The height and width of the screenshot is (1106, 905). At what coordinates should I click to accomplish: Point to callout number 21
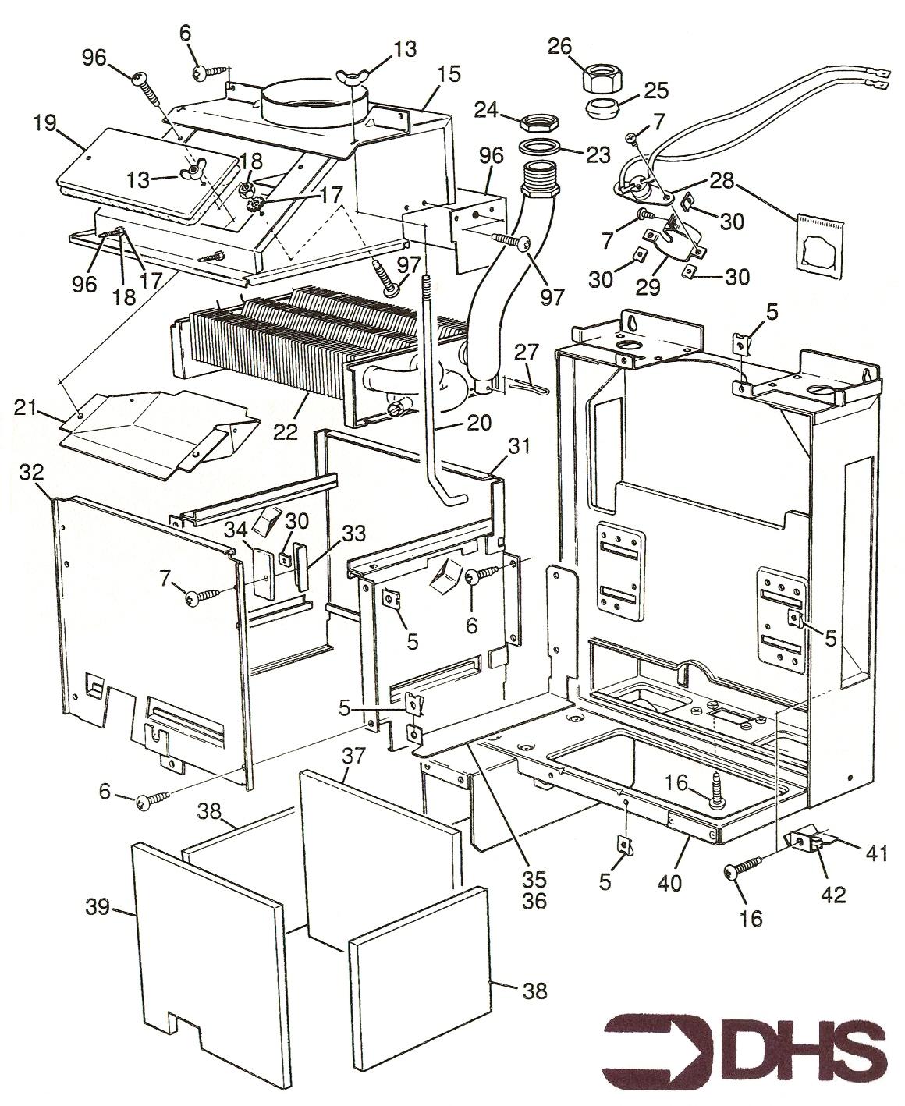[x=24, y=406]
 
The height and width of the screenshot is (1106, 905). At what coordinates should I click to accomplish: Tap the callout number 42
[x=832, y=895]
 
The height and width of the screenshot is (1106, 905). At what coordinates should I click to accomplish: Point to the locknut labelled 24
[x=538, y=122]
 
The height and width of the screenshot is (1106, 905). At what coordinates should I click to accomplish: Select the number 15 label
[x=449, y=75]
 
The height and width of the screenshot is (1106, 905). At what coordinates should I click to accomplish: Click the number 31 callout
[x=520, y=446]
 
